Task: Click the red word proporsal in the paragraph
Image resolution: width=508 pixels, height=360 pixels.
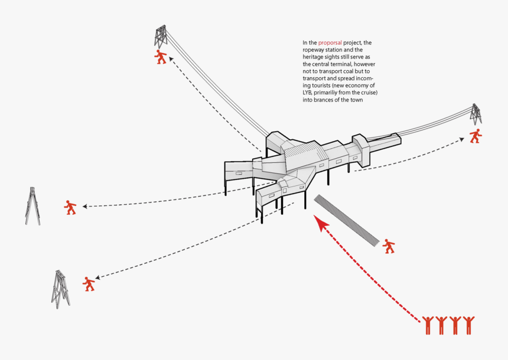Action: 330,43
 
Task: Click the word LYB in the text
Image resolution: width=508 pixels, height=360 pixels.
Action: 308,93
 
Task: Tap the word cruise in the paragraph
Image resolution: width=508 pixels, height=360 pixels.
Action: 367,93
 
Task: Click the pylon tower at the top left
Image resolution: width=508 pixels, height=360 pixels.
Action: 160,37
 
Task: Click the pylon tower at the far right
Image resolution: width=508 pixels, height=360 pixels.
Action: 476,114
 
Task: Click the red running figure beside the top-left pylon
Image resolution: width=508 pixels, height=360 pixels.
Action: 161,57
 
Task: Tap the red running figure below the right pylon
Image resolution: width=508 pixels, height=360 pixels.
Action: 476,136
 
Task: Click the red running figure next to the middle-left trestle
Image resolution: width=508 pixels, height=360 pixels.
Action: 71,207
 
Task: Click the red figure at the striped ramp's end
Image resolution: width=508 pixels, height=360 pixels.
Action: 388,246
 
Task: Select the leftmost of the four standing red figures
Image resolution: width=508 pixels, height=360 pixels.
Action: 428,325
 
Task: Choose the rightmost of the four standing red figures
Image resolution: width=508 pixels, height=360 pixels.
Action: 468,325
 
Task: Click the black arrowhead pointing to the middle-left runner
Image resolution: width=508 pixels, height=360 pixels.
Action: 86,207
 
